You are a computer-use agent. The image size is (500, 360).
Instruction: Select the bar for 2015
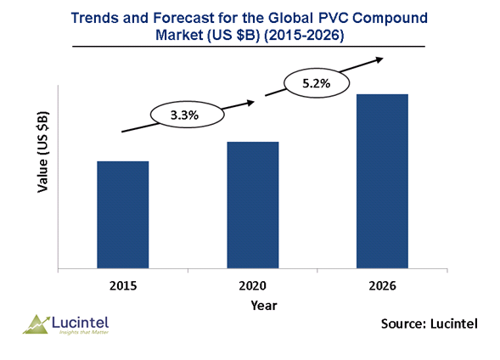tap(123, 215)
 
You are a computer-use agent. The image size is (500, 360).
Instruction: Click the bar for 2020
tap(253, 205)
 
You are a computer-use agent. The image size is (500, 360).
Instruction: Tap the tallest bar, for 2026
tap(382, 181)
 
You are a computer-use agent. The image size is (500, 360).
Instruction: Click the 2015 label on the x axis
tap(123, 286)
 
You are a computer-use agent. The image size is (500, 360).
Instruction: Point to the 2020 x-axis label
tap(253, 286)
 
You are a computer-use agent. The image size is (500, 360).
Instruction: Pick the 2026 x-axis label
tap(382, 286)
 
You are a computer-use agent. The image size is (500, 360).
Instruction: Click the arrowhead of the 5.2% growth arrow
tap(379, 59)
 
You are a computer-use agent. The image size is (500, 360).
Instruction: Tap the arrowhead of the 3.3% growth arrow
tap(250, 103)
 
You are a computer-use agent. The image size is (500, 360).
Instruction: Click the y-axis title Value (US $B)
tap(42, 152)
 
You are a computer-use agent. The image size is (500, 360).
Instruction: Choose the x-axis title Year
tap(264, 306)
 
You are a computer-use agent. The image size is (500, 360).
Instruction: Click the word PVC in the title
tap(334, 18)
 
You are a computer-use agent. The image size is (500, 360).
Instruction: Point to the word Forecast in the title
tap(183, 18)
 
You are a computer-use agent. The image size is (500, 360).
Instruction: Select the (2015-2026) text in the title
tap(304, 35)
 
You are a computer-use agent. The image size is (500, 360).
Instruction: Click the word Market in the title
tap(179, 35)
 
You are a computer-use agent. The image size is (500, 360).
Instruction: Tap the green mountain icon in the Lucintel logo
tap(36, 324)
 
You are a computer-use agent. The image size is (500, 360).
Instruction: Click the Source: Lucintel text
tap(430, 323)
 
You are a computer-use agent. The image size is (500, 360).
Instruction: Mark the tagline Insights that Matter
tap(84, 332)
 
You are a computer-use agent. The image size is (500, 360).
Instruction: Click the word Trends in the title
tap(95, 18)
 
